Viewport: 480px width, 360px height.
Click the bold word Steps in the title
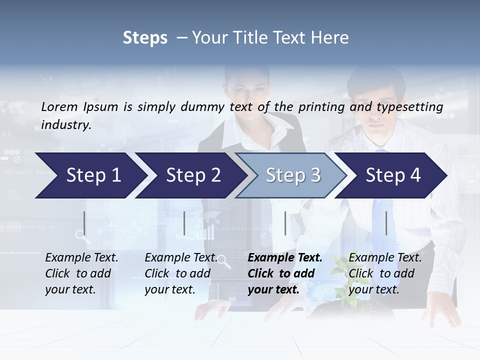click(x=145, y=37)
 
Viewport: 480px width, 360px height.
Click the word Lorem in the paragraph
click(x=59, y=106)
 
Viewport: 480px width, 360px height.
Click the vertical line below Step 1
click(x=84, y=223)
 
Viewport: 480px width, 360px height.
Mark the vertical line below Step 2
click(x=184, y=223)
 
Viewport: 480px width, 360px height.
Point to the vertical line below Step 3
click(x=285, y=223)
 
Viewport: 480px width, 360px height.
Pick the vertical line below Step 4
click(x=386, y=223)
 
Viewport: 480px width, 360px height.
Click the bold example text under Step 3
click(x=284, y=273)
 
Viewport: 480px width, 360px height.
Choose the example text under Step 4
click(x=384, y=273)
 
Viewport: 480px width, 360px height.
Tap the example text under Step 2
click(x=180, y=273)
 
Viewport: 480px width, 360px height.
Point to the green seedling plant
click(x=350, y=280)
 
